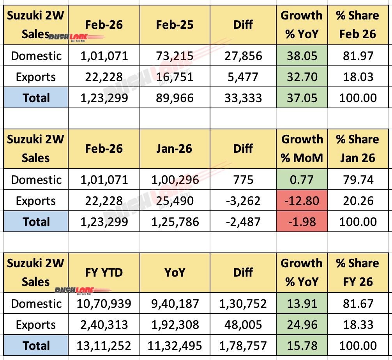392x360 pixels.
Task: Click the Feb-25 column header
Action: click(x=175, y=25)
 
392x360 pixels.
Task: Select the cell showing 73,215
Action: click(x=175, y=56)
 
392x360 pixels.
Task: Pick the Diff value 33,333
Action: click(x=243, y=98)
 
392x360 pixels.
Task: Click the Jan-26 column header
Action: click(x=175, y=148)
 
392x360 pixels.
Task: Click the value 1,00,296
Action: click(x=175, y=180)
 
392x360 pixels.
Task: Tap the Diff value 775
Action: click(x=243, y=180)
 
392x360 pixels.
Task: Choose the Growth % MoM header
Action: click(x=302, y=148)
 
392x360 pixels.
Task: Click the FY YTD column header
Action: click(x=104, y=272)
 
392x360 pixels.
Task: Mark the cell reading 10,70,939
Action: click(x=104, y=304)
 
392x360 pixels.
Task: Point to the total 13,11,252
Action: click(x=104, y=346)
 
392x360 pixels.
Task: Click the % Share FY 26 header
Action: click(x=357, y=272)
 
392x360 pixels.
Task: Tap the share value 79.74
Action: click(x=357, y=180)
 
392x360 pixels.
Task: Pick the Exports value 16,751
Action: click(x=175, y=77)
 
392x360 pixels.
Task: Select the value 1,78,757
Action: click(x=243, y=346)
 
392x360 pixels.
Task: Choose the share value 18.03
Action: click(x=357, y=77)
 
